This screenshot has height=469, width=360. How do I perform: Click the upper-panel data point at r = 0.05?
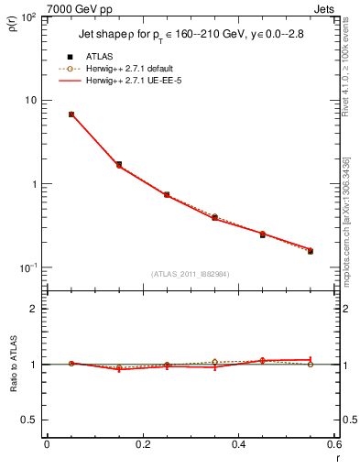pyautogui.click(x=71, y=115)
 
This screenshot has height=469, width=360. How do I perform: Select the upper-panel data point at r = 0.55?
pyautogui.click(x=311, y=250)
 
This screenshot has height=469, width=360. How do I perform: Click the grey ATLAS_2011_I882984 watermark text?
pyautogui.click(x=190, y=273)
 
